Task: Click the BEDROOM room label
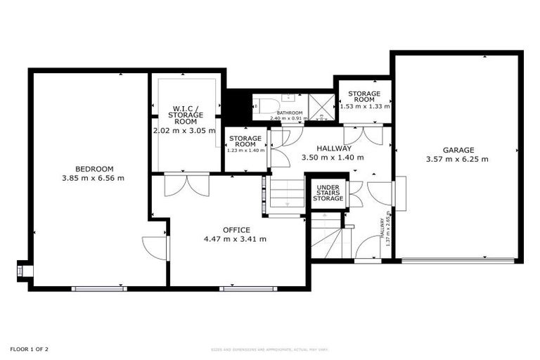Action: click(x=94, y=169)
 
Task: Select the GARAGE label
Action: click(x=458, y=150)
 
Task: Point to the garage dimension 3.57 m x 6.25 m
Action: click(x=457, y=159)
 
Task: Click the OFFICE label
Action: click(x=236, y=230)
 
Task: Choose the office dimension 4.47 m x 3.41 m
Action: click(x=235, y=239)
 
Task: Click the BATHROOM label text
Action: click(x=289, y=112)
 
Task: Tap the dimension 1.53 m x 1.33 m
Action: click(x=365, y=107)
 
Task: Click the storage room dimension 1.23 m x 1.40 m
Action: click(x=245, y=150)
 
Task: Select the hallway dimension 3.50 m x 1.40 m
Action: click(x=333, y=157)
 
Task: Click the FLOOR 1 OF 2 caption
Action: click(x=29, y=349)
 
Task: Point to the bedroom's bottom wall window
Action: click(x=98, y=288)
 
